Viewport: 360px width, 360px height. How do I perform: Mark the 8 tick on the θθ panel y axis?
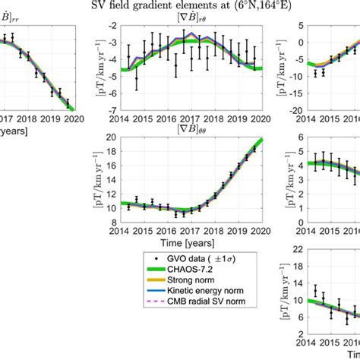[111, 222]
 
